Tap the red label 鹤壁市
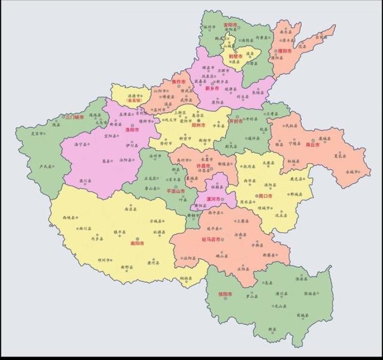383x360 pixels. (236, 56)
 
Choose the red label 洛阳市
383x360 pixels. (131, 129)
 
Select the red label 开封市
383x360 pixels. (236, 122)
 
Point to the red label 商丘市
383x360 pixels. (313, 144)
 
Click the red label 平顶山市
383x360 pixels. (176, 190)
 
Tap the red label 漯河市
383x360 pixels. (214, 199)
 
